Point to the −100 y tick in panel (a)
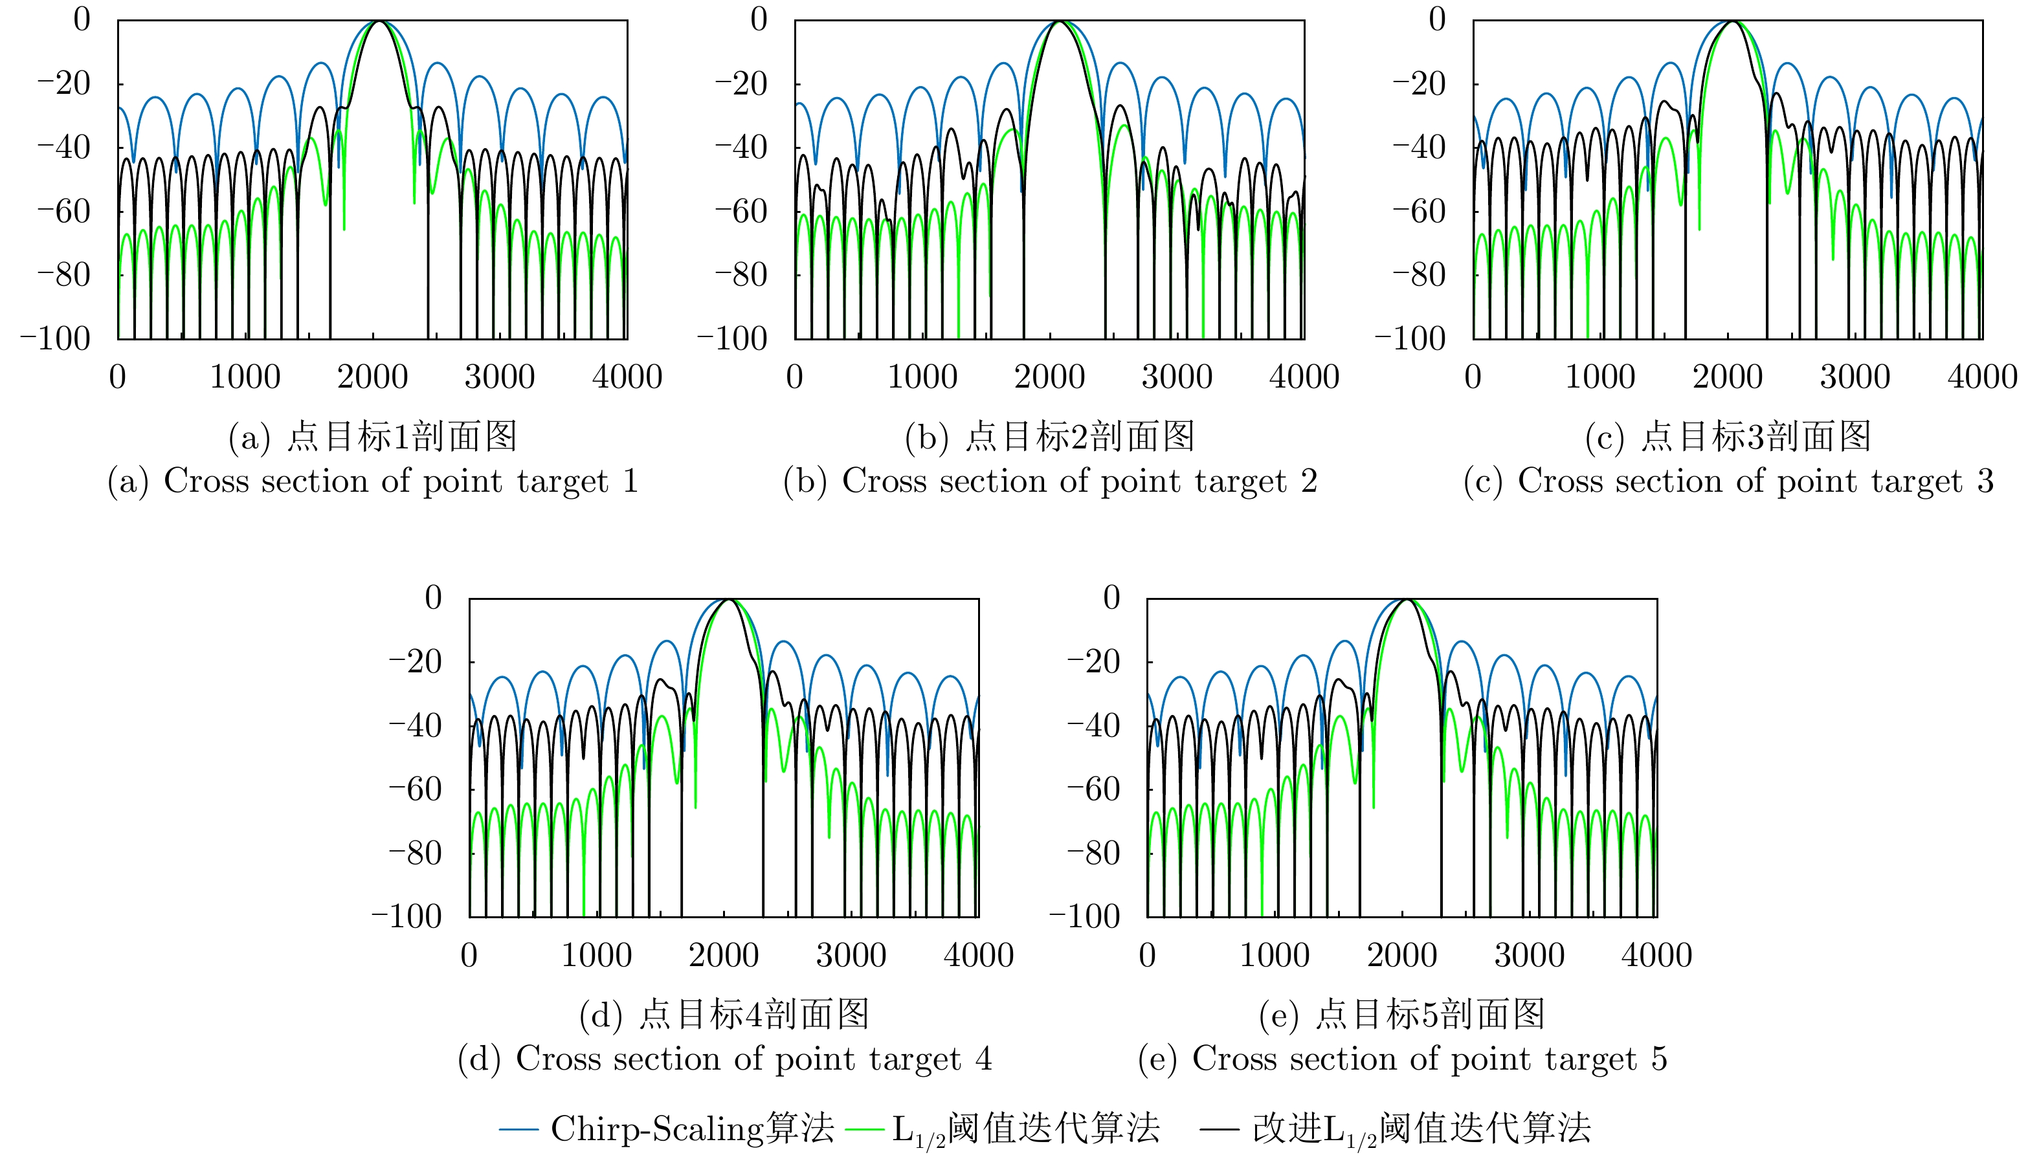[x=56, y=339]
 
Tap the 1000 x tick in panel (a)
[x=245, y=377]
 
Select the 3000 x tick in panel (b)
[x=1177, y=377]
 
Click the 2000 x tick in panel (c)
[x=1728, y=377]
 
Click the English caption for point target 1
[x=373, y=481]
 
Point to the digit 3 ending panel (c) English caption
[x=1985, y=481]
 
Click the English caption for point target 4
[x=725, y=1059]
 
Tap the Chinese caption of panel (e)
[x=1401, y=1015]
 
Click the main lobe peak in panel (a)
[x=379, y=21]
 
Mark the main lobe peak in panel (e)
[x=1406, y=599]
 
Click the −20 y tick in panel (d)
[x=415, y=662]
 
